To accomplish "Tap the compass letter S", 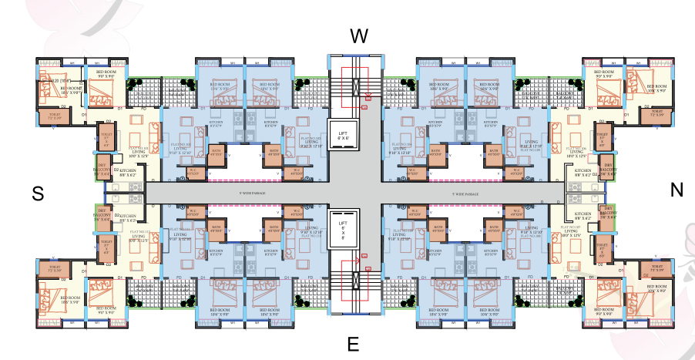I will click(37, 195).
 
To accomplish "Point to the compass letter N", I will click(677, 190).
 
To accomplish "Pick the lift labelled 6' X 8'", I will click(344, 229).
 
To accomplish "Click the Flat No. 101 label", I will click(139, 147).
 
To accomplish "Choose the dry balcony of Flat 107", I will click(609, 214).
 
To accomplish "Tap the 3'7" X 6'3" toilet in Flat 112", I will click(106, 247).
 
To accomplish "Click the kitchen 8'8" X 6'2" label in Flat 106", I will click(583, 171).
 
